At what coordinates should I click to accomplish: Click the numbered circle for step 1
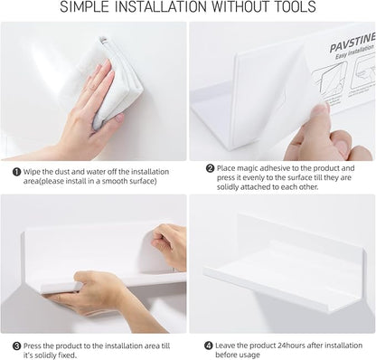16,169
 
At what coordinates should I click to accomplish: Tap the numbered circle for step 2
209,167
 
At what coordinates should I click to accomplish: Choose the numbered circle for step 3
16,345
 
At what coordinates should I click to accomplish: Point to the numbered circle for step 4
209,345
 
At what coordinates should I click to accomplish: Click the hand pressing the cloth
86,109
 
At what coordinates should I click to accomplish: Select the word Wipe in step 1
33,169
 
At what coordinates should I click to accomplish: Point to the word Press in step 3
35,345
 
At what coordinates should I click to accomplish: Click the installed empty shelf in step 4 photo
285,267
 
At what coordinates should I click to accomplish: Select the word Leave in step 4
229,345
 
